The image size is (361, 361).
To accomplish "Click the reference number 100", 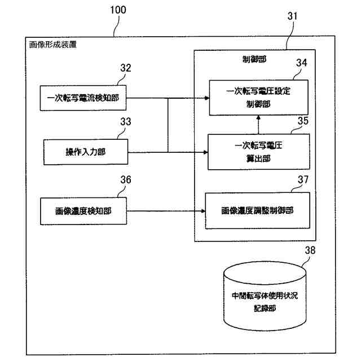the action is tap(118, 10).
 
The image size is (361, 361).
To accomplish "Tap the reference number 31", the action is tap(292, 16).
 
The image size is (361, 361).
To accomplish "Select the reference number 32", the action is tap(126, 68).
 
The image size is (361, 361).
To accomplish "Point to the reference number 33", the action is tap(126, 122).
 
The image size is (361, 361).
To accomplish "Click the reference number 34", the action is tap(302, 63).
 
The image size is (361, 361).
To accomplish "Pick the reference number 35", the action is tap(303, 121).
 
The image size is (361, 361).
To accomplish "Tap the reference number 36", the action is tap(126, 179).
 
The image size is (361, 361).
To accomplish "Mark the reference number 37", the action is tap(303, 179).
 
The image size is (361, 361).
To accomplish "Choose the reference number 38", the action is tap(310, 250).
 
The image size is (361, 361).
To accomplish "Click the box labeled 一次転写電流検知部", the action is tap(83, 98).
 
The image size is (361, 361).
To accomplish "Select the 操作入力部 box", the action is tap(86, 152).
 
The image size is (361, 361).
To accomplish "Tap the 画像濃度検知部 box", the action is tap(83, 211).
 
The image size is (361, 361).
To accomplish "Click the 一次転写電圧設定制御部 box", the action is tap(258, 98).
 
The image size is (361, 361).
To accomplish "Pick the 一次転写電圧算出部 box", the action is tap(259, 152).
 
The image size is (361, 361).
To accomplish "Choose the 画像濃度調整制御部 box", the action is tap(258, 210).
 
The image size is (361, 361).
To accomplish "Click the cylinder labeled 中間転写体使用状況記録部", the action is tap(265, 296).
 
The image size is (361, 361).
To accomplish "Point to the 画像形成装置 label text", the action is tap(52, 45).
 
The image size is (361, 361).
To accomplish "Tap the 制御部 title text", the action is tap(254, 59).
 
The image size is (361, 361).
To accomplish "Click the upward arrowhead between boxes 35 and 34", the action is tap(258, 117).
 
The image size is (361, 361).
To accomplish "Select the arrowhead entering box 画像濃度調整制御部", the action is tap(203, 211).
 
